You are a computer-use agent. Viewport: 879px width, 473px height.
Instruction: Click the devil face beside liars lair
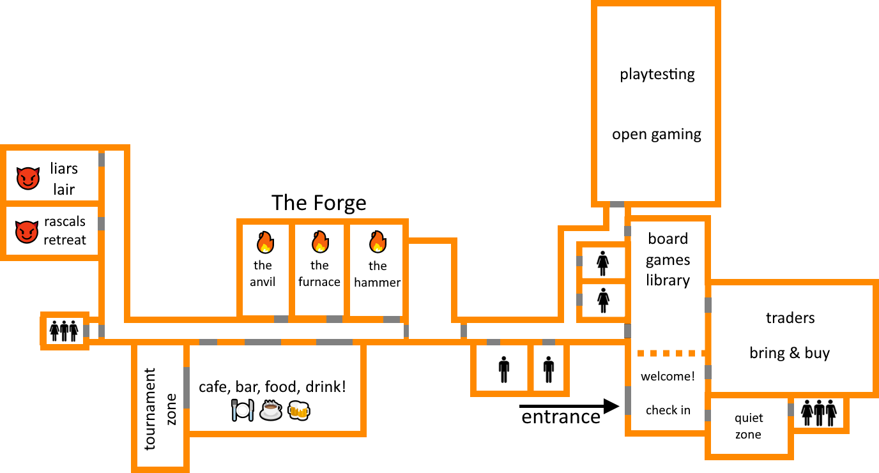[28, 178]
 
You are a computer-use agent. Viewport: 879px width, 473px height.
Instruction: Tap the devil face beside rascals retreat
[27, 232]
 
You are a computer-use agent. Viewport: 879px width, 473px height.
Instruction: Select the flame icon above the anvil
[265, 241]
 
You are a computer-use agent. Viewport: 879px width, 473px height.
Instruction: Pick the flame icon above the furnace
[320, 241]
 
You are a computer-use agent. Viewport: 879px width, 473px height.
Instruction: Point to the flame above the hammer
[378, 241]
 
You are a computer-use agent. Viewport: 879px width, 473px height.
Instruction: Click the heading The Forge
[319, 203]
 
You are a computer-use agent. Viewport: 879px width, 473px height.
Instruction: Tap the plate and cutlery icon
[243, 410]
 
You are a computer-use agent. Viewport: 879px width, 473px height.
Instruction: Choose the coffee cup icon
[271, 410]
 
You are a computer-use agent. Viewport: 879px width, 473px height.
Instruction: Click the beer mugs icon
[299, 410]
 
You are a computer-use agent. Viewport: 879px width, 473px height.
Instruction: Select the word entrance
[561, 417]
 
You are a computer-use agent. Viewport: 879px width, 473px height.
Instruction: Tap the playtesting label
[657, 75]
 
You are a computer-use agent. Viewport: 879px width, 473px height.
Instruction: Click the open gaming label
[657, 135]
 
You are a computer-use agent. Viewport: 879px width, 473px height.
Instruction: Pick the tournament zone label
[160, 409]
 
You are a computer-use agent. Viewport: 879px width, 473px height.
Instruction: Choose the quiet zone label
[748, 426]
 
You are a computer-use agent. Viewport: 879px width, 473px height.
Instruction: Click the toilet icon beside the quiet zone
[818, 412]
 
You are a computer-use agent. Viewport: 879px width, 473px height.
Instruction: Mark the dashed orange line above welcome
[671, 354]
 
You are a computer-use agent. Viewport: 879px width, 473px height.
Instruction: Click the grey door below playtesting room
[617, 204]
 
